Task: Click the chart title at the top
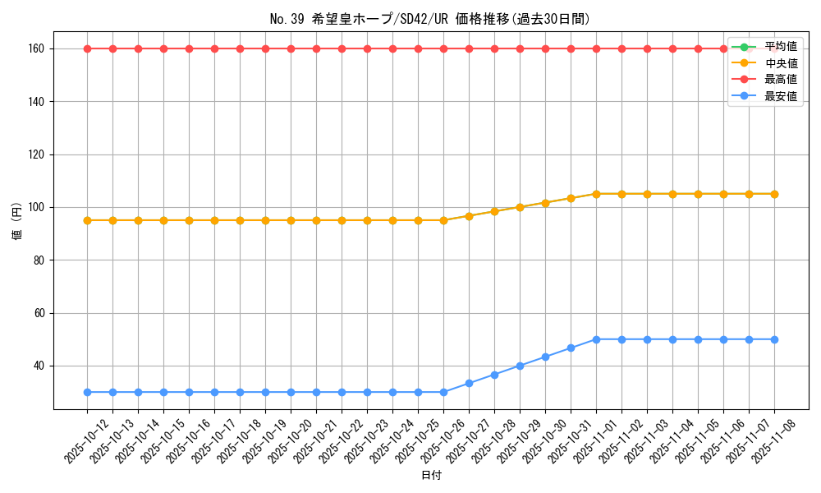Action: pos(429,19)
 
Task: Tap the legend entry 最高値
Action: pos(780,80)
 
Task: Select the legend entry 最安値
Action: pos(780,96)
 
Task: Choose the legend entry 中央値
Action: pos(780,62)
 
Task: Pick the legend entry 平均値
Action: pos(780,46)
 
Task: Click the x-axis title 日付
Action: pos(431,476)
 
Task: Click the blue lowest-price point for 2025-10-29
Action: pos(520,366)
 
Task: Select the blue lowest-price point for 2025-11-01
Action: pos(596,339)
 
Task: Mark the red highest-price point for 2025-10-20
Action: pos(291,48)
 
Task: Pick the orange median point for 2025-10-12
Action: pos(87,220)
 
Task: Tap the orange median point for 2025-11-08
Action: pos(774,194)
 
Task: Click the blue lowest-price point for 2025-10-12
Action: pos(87,392)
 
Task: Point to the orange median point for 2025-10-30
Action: pos(545,202)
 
